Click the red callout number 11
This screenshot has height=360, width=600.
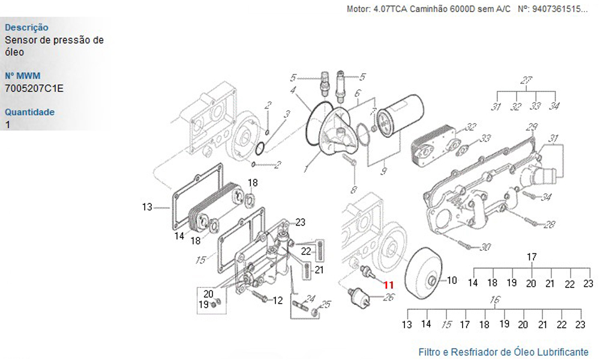click(x=388, y=284)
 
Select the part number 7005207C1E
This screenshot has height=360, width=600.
click(x=34, y=88)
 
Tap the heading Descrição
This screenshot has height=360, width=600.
click(x=26, y=28)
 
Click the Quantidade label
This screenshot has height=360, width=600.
click(x=29, y=112)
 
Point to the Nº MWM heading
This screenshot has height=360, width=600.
click(x=23, y=76)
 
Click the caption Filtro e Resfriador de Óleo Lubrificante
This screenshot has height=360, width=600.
click(x=503, y=352)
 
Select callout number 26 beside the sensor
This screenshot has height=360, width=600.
click(x=388, y=297)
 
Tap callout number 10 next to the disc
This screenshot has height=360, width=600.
click(x=452, y=280)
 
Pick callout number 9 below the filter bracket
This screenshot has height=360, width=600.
click(x=383, y=171)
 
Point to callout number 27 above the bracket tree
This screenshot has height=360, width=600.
click(x=527, y=80)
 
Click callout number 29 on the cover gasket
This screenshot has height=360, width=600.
click(x=532, y=127)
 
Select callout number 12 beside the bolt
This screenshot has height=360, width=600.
click(x=277, y=301)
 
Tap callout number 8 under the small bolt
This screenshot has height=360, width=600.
click(x=354, y=190)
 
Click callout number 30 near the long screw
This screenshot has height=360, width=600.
click(x=485, y=247)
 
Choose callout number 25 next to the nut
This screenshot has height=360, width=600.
click(x=325, y=305)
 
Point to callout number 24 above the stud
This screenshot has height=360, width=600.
click(x=310, y=298)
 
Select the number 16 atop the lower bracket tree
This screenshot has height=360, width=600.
click(x=495, y=300)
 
